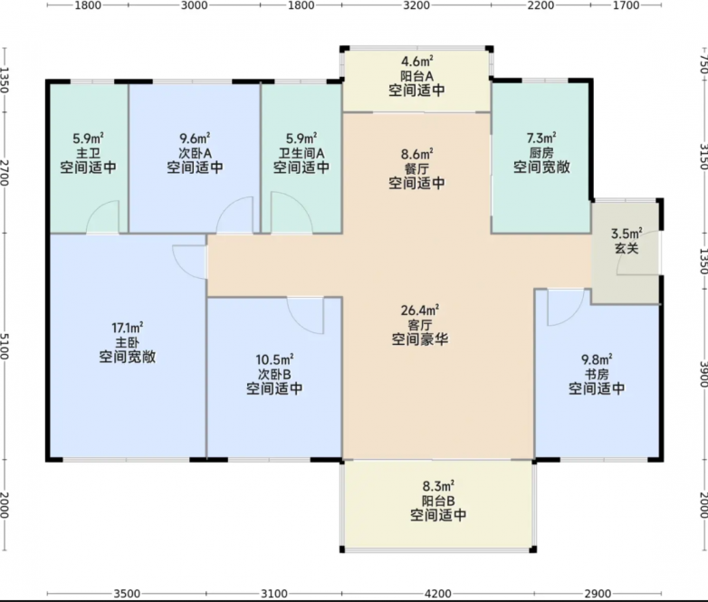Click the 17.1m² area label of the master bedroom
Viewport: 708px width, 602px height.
[128, 327]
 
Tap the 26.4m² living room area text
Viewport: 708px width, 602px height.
[420, 311]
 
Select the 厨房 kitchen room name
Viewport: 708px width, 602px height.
[541, 153]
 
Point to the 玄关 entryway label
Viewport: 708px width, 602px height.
[627, 248]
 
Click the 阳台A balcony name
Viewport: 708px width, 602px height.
[416, 75]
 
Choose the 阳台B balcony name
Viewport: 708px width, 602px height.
[438, 501]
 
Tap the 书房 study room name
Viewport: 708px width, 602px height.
[597, 374]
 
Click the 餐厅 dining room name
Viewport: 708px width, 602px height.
[416, 169]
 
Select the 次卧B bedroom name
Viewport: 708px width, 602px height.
[274, 374]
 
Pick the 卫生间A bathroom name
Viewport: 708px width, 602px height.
[301, 153]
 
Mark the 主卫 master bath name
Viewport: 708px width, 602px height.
[88, 153]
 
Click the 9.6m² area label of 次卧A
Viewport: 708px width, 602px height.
[195, 138]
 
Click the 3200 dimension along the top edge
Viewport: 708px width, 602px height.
[416, 5]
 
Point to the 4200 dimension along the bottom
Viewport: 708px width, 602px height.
[438, 593]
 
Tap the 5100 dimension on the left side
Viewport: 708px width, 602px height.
[5, 347]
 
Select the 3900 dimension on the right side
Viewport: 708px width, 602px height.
[703, 375]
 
